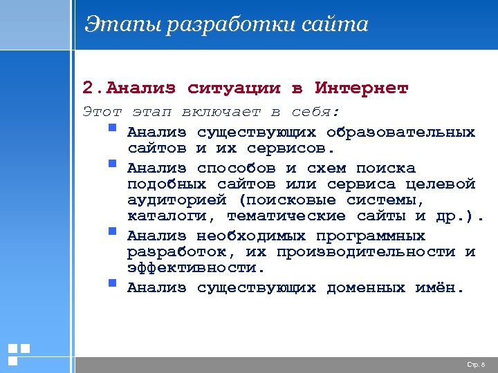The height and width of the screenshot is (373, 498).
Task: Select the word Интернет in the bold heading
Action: coord(362,88)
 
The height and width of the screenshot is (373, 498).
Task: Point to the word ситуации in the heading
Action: coord(234,88)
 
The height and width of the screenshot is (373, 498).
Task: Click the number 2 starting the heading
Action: coord(86,88)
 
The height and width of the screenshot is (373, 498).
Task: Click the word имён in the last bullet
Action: coord(439,287)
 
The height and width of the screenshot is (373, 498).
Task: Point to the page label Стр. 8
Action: coord(477,364)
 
